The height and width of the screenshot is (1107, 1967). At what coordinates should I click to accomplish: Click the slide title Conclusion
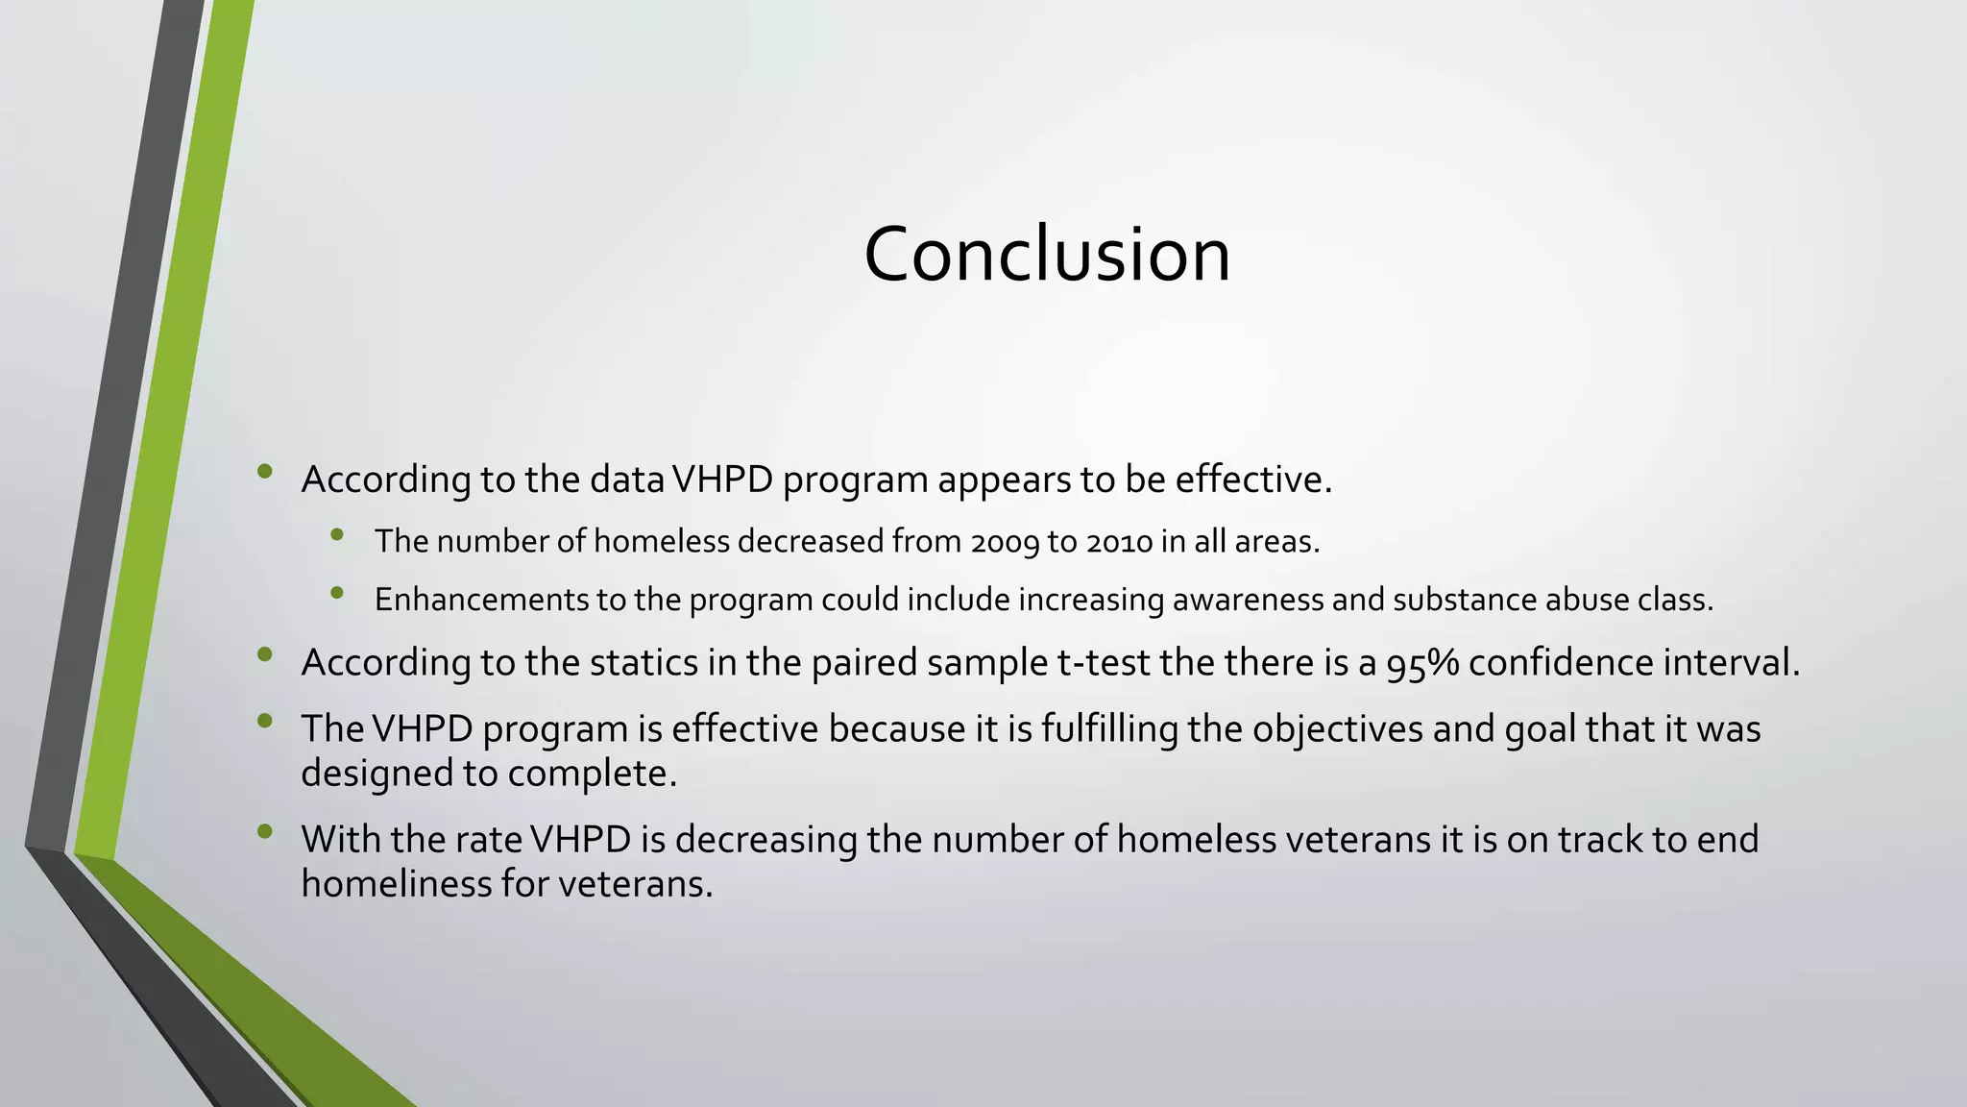(1047, 255)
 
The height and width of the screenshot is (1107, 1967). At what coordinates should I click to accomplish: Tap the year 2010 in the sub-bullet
(1119, 543)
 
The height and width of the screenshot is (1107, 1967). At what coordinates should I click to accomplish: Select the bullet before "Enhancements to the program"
(336, 593)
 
